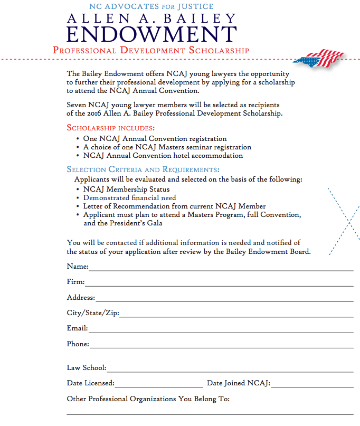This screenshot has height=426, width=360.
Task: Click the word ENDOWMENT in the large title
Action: [x=152, y=34]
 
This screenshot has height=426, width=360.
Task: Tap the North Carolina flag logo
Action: [x=319, y=59]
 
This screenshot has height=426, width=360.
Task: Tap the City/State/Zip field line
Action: [x=236, y=315]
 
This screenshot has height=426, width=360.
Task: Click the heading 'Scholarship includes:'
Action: [x=111, y=128]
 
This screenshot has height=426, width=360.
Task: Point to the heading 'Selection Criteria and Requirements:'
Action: [x=143, y=169]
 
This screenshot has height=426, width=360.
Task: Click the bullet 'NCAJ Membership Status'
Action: [x=126, y=189]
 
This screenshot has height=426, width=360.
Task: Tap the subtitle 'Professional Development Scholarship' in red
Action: [x=150, y=51]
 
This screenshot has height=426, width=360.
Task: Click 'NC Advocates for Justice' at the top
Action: [x=151, y=7]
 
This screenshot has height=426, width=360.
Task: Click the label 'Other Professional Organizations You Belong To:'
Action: [x=148, y=399]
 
